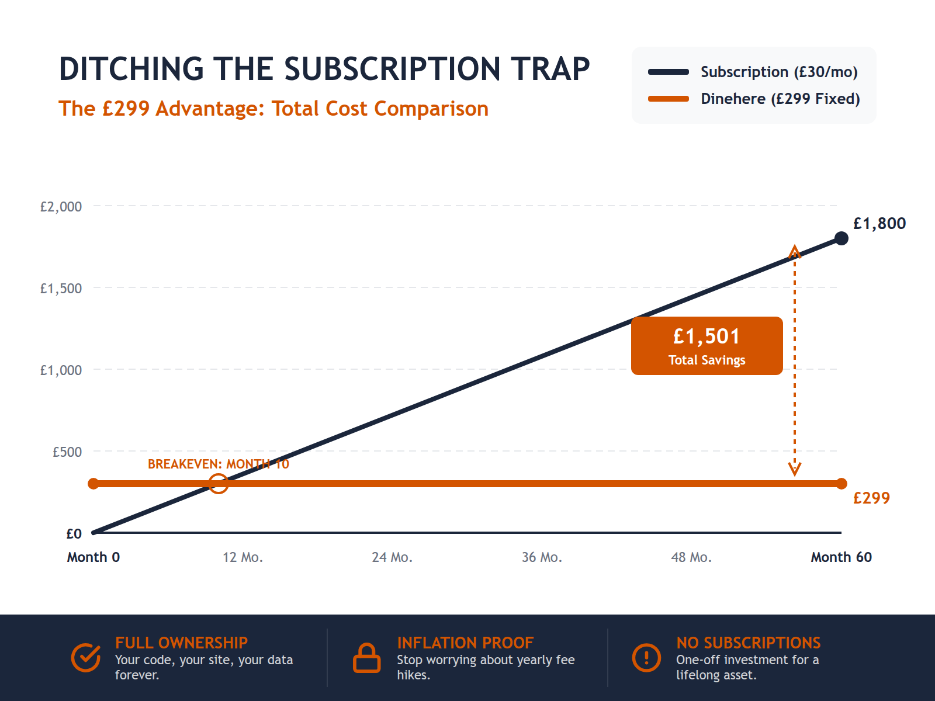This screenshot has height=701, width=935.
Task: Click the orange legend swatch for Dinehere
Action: pos(668,99)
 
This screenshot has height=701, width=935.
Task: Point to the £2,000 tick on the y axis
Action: pos(61,207)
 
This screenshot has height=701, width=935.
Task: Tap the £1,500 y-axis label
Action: pos(61,289)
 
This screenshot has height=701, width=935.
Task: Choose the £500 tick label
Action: pos(67,452)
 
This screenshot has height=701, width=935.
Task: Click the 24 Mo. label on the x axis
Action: pos(392,557)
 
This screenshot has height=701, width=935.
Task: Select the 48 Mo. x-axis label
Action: pos(691,557)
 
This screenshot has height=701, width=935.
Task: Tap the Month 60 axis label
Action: pos(841,557)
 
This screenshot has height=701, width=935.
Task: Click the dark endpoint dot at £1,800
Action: pos(841,238)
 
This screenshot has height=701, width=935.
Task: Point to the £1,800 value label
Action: pos(879,224)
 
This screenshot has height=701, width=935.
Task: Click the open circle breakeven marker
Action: pos(219,484)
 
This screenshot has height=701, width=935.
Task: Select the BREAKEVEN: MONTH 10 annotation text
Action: pos(218,464)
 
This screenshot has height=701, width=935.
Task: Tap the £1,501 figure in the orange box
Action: pos(707,336)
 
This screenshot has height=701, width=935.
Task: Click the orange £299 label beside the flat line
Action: pos(871,498)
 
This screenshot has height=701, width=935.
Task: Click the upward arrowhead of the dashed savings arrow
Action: pos(794,252)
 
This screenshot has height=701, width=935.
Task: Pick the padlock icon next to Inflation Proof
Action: pos(367,658)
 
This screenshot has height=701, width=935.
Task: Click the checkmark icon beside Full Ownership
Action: pos(86,658)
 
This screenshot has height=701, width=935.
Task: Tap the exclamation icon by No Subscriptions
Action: pos(646,658)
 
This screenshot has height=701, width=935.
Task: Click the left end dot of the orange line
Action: pos(93,484)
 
